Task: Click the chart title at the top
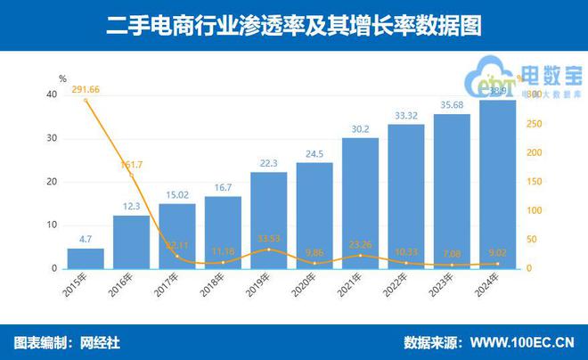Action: coord(293,26)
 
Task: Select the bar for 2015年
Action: coord(86,258)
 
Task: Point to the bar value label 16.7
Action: coord(223,188)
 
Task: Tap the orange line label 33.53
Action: coord(268,238)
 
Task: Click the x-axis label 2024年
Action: coord(494,288)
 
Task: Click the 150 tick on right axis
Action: coord(534,182)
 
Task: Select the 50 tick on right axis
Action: coord(532,240)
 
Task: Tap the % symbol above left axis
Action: coord(62,78)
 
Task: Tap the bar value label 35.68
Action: coord(452,105)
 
